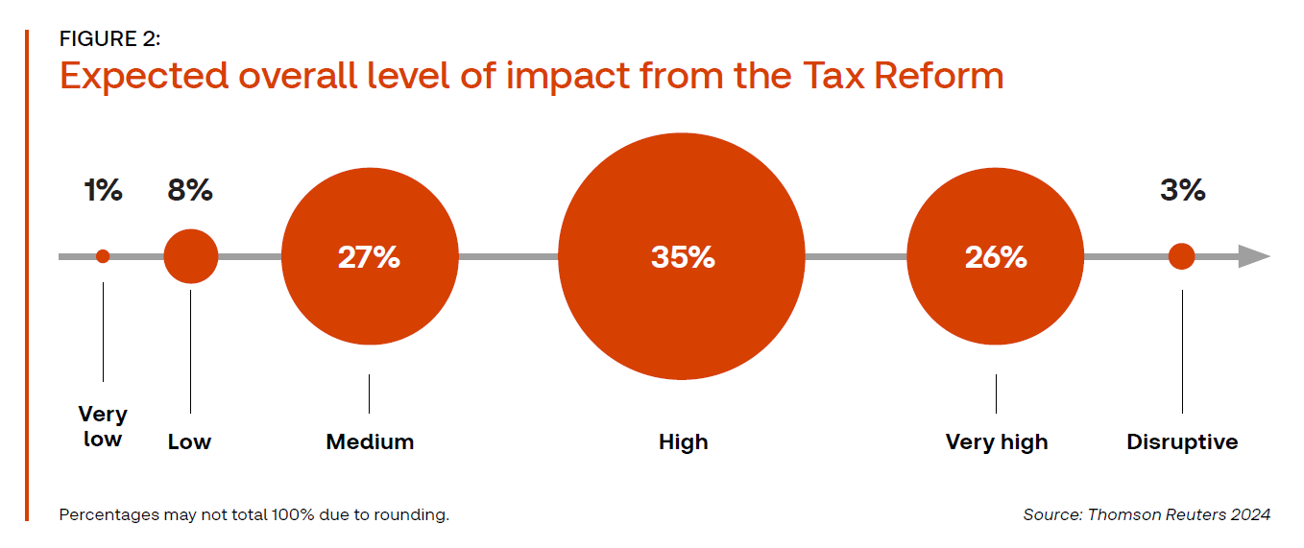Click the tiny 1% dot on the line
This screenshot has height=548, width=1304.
tap(103, 256)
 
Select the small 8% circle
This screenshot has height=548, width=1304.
tap(191, 256)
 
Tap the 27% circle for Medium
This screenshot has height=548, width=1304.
tap(369, 257)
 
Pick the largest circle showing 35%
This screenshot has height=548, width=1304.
tap(682, 257)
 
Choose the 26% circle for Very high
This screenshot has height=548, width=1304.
tap(996, 257)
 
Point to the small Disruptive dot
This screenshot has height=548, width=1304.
tap(1182, 256)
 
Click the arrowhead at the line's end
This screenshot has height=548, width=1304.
tap(1253, 256)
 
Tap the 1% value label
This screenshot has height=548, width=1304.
tap(103, 191)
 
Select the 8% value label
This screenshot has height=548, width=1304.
tap(190, 191)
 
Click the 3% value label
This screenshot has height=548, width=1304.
tap(1182, 191)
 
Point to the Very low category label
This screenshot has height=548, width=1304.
tap(103, 427)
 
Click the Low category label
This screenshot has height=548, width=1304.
tap(189, 442)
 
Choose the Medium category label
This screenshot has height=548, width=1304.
tap(370, 442)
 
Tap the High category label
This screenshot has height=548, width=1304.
tap(683, 442)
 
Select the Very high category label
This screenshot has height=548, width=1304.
tap(997, 442)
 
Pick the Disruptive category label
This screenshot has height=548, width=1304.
tap(1182, 442)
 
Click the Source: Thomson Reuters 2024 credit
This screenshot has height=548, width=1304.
tap(1147, 515)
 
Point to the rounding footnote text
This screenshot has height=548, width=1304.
tap(254, 515)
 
